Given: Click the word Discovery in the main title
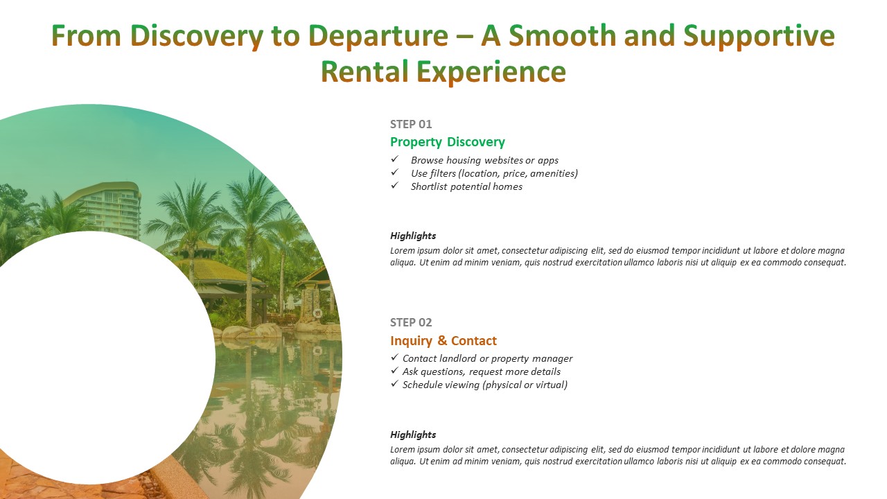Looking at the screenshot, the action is point(196,36).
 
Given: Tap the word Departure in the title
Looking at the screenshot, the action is point(378,36).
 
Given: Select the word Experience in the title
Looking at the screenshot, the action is point(491,72).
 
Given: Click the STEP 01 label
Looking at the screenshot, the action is point(411,124).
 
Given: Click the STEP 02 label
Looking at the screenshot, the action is point(411,322).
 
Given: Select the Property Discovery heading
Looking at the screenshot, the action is point(448,142).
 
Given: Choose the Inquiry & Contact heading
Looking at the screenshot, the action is point(443,340).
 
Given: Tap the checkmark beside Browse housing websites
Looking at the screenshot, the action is point(394,159).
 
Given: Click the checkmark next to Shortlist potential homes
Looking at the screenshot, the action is point(394,185).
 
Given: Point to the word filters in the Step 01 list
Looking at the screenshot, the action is point(443,173).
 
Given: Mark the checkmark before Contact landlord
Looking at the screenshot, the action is point(394,357).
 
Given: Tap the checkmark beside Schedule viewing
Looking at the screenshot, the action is point(394,383).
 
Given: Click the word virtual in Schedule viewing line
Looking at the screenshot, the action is point(550,385).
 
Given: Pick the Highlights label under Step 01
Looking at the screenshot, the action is point(413,236).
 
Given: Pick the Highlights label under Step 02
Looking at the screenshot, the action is point(413,435).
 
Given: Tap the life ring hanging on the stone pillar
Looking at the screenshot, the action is point(317,314).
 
